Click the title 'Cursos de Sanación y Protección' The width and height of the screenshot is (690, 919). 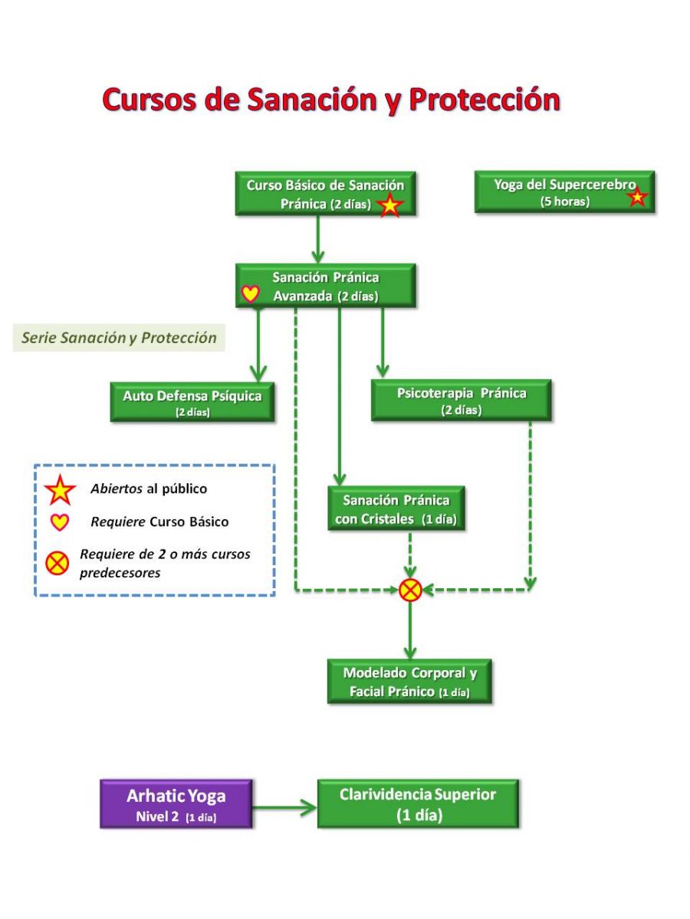331,100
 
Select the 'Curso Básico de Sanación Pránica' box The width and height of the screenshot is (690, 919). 325,194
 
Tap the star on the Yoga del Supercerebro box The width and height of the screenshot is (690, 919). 637,196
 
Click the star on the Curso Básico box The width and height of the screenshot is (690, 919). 389,205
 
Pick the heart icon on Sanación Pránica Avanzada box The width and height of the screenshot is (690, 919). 251,293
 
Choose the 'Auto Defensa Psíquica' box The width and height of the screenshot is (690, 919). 192,401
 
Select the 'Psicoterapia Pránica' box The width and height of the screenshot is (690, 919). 462,400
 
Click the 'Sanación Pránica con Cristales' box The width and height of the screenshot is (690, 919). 396,509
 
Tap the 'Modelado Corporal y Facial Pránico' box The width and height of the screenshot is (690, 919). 409,682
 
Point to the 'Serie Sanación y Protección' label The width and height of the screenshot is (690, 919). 119,338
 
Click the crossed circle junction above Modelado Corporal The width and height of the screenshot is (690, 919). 409,590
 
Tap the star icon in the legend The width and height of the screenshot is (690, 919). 61,490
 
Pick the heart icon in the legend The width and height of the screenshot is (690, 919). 60,522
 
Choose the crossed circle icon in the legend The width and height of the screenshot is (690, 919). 57,563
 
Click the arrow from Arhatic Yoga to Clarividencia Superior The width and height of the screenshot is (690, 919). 284,808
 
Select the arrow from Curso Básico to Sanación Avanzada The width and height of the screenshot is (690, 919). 318,240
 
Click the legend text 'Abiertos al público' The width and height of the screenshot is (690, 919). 149,489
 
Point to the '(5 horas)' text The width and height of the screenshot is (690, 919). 565,202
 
